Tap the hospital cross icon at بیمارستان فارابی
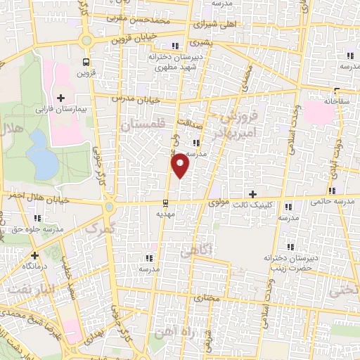click(x=60, y=98)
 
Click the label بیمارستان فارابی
click(x=80, y=110)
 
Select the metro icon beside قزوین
click(x=86, y=61)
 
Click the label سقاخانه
click(x=337, y=101)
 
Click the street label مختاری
click(x=207, y=298)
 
